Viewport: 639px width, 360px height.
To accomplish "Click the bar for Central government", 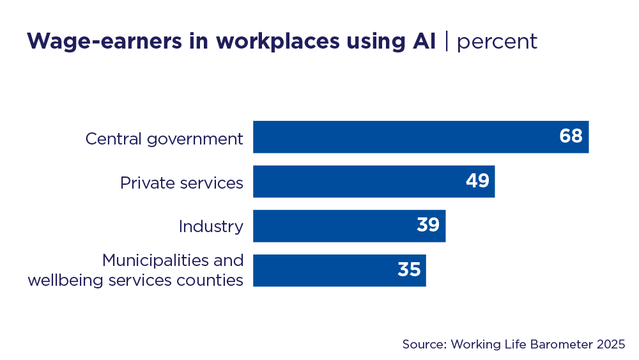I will coord(396,137).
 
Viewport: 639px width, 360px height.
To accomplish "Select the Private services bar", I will coord(358,182).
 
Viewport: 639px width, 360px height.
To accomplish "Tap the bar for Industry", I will coord(332,226).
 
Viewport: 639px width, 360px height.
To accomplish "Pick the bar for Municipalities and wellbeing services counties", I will coord(319,270).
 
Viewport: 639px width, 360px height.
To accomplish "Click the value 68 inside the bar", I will coord(571,137).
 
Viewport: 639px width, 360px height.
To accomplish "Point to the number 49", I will coord(477,182).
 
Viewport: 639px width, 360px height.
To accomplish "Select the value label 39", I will coord(428,226).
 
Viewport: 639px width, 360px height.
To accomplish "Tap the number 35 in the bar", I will coord(409,270).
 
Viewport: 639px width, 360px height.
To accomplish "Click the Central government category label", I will coord(164,139).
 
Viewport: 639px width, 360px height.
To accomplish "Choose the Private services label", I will coord(181,183).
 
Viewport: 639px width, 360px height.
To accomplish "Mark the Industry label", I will coord(211,226).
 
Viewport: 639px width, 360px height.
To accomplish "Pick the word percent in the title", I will coord(497,42).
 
